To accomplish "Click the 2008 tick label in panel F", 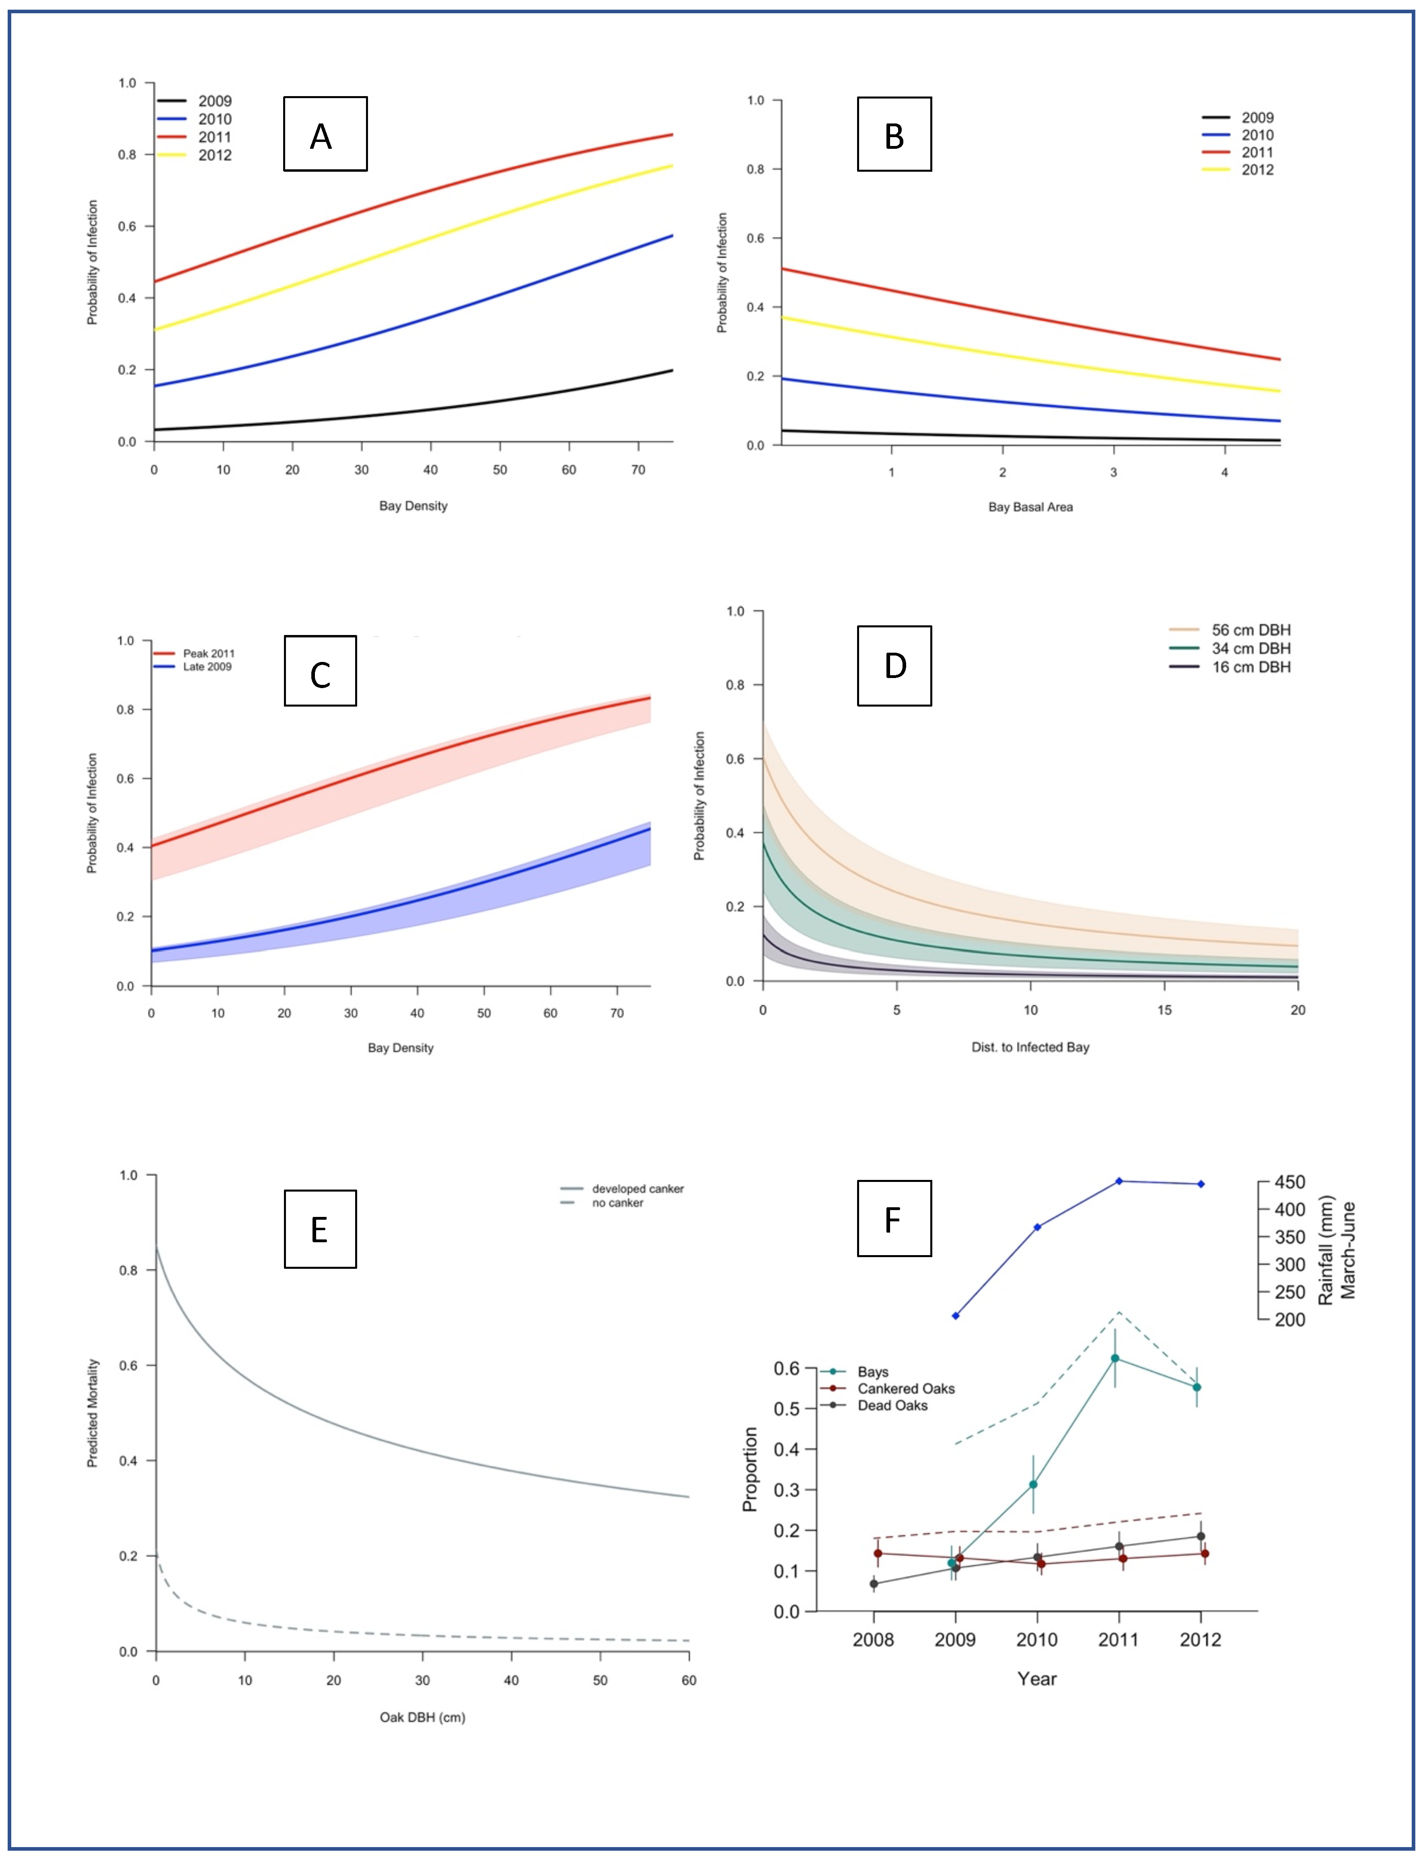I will pos(873,1640).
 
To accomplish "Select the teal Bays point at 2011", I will pos(1115,1358).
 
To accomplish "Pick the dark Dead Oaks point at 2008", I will pos(874,1584).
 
